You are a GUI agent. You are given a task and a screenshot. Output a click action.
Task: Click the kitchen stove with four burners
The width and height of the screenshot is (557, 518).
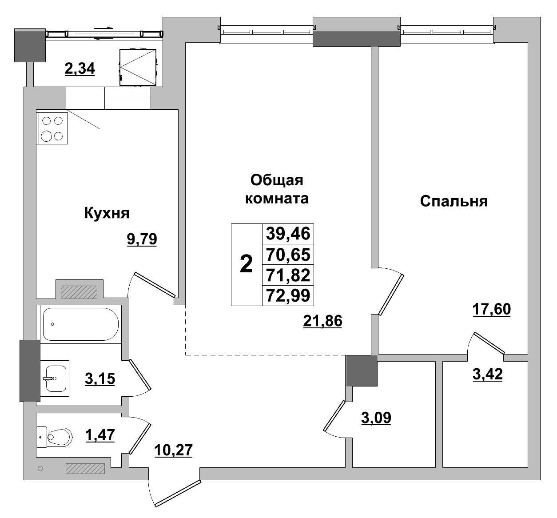click(x=53, y=128)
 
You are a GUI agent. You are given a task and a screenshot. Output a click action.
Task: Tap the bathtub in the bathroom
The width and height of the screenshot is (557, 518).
click(x=80, y=324)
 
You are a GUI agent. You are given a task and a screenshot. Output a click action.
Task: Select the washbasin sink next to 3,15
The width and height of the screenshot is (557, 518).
click(x=56, y=379)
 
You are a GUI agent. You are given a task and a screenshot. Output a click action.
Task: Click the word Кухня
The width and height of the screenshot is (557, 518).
click(x=107, y=214)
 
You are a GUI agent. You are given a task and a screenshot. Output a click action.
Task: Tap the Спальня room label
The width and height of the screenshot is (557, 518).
click(x=454, y=201)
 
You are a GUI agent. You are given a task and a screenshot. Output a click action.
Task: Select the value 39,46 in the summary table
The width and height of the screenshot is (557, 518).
click(x=288, y=234)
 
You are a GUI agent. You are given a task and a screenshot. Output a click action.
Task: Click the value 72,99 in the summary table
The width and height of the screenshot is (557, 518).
click(x=288, y=295)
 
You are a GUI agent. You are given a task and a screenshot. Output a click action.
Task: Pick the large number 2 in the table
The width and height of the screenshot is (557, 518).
click(x=246, y=265)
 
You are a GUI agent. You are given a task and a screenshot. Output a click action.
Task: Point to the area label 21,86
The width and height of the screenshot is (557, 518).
click(x=322, y=320)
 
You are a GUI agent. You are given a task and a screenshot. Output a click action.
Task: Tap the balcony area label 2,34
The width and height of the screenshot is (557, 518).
click(x=80, y=69)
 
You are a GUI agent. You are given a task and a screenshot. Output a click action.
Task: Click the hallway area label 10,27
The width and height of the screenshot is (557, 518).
click(x=173, y=450)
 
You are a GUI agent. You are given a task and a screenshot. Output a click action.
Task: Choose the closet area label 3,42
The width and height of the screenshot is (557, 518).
click(x=487, y=374)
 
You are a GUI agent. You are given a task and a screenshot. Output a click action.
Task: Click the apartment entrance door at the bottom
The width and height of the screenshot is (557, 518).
click(x=177, y=492)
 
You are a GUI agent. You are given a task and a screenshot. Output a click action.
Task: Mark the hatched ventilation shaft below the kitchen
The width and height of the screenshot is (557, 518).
click(x=79, y=292)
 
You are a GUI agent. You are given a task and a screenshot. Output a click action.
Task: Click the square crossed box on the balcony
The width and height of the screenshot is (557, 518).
click(x=138, y=67)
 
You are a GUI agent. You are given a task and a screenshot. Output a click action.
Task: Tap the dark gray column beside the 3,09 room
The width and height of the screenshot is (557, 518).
click(x=362, y=370)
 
